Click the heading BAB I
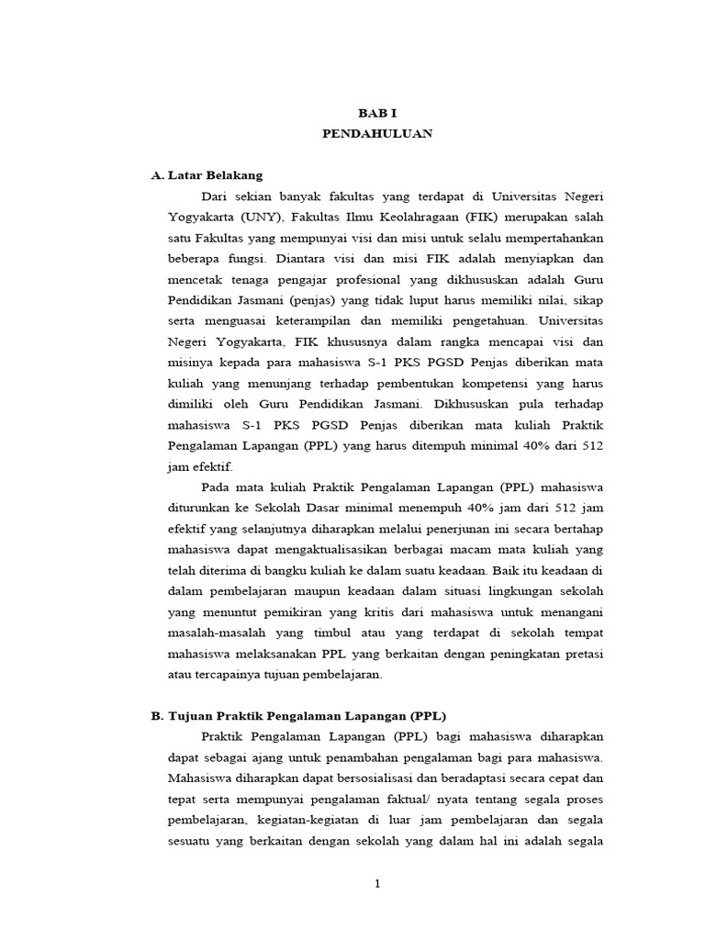pos(377,111)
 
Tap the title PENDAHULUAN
pos(377,134)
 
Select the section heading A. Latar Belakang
pos(207,175)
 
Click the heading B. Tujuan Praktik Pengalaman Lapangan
pos(298,715)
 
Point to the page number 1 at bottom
pos(377,884)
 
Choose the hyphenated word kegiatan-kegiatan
pos(325,819)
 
